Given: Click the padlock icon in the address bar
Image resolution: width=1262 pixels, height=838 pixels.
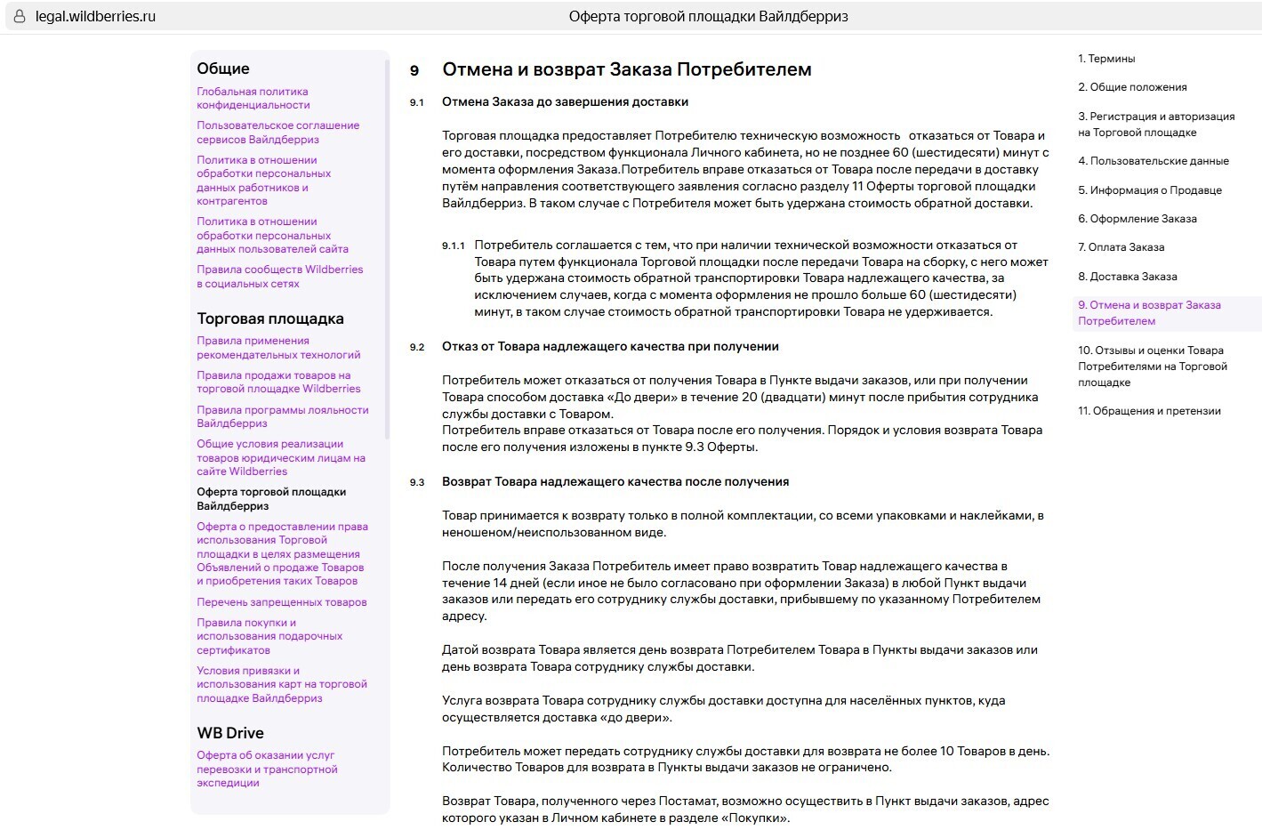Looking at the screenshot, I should pos(20,17).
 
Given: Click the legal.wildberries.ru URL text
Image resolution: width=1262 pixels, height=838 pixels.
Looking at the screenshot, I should pos(95,17).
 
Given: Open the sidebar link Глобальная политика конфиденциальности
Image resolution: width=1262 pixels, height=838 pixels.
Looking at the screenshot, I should pos(253,98).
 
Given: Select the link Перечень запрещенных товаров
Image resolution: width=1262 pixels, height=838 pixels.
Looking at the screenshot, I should pos(281,602).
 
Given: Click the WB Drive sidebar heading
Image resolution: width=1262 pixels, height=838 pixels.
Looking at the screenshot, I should pos(230,733).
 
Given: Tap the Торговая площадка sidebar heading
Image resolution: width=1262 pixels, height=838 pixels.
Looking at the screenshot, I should pos(270,318).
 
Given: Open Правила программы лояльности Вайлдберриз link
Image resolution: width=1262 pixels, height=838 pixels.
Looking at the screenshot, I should pos(282,416).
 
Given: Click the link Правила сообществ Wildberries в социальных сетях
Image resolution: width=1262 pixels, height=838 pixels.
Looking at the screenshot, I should pos(279,277).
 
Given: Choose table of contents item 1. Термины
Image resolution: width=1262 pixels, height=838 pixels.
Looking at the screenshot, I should pos(1106,59).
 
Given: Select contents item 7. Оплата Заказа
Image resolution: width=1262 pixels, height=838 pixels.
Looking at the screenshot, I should pos(1121,247).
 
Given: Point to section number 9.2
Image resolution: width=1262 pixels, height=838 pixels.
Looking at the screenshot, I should pos(417,347).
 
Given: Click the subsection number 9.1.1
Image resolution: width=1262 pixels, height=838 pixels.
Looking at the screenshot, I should pos(454,246).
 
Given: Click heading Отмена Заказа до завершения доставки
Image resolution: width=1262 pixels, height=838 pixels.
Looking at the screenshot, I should pos(565,101).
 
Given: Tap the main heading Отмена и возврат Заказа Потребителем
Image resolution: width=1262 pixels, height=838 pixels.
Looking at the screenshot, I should pos(626,69).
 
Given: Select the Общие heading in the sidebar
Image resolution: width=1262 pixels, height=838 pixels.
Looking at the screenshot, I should pos(223,68).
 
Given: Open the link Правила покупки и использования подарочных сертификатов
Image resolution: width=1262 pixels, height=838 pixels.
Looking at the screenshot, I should pos(269,636).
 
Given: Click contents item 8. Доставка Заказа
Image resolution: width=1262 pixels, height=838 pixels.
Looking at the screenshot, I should pos(1127,277).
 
